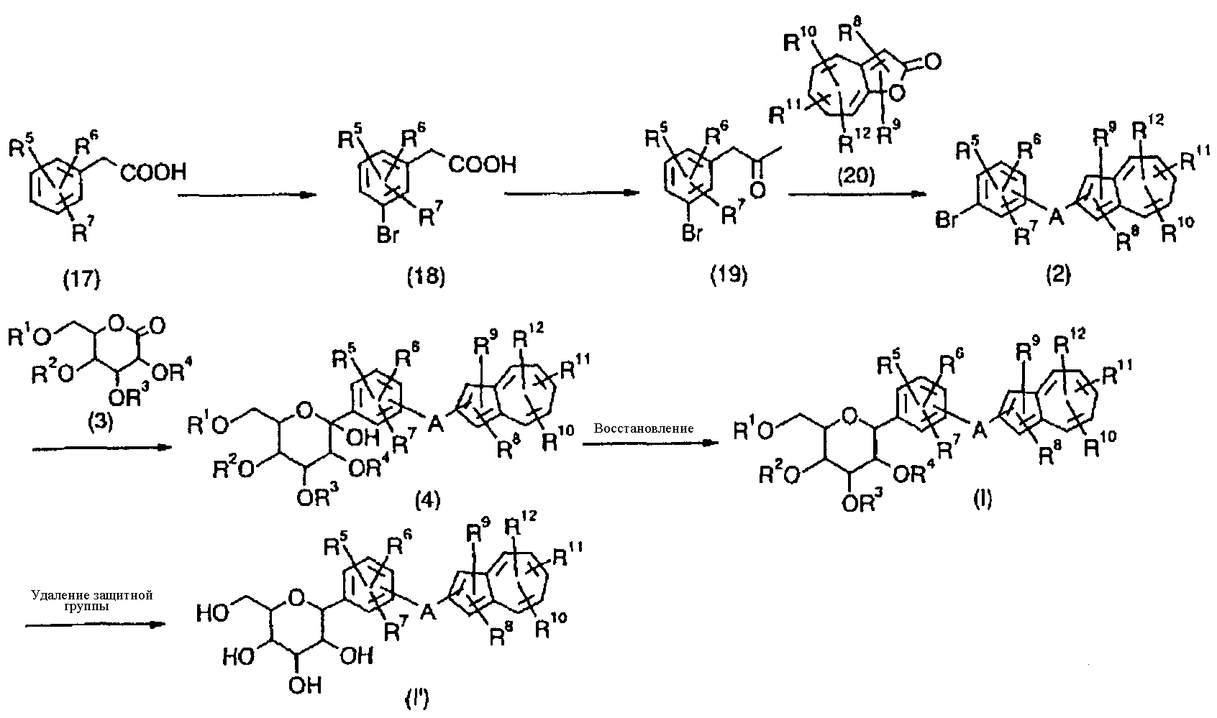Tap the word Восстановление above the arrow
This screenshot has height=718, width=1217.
coord(644,428)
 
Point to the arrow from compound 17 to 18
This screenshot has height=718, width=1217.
coord(246,195)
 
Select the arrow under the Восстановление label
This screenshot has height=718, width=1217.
coord(650,443)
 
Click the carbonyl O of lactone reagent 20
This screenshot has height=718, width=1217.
coord(931,64)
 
